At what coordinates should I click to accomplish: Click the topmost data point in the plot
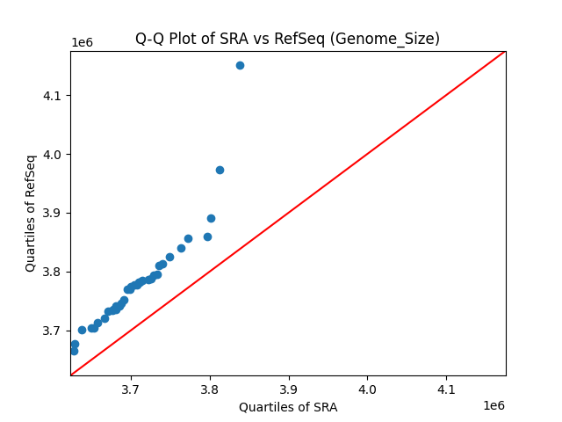(x=240, y=65)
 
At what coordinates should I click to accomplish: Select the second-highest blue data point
(x=220, y=170)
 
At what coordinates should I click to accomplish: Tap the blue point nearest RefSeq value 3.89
(x=211, y=218)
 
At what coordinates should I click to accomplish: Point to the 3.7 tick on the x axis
(x=131, y=376)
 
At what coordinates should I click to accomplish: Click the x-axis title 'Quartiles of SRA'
(x=288, y=407)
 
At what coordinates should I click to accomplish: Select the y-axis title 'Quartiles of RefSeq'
(x=31, y=213)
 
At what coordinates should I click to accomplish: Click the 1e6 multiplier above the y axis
(x=83, y=43)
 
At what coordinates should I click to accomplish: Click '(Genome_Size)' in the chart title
(x=393, y=39)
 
